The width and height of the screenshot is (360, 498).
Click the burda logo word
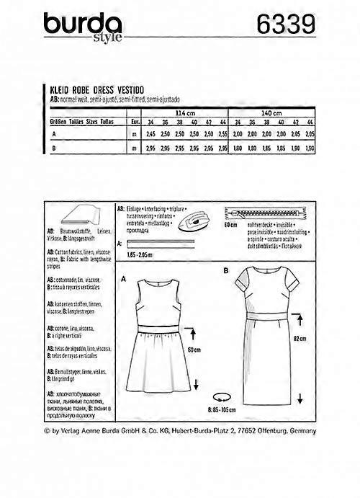coord(81,27)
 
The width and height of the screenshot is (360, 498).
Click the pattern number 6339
coord(284,25)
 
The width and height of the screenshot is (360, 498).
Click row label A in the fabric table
coord(55,134)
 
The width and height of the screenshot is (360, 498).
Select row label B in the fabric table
coord(55,148)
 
